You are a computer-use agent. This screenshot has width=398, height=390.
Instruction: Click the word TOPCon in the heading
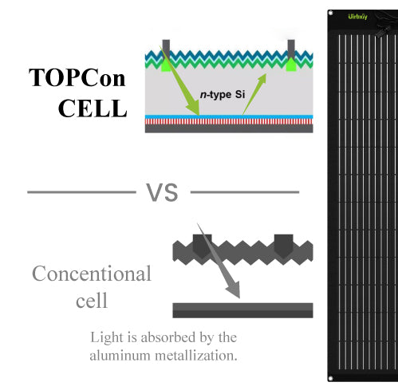pos(77,77)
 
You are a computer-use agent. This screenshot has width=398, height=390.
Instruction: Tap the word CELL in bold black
pos(93,108)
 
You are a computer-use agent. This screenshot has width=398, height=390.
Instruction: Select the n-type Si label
pos(223,95)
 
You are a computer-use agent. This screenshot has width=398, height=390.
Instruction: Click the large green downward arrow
pos(179,81)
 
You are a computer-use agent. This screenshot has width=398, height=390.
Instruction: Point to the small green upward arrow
pos(254,94)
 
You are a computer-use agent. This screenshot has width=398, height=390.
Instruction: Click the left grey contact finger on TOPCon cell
pos(166,49)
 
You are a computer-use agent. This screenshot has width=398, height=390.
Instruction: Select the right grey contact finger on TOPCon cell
pos(291,49)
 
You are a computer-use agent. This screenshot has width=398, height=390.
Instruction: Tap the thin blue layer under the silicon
pos(229,116)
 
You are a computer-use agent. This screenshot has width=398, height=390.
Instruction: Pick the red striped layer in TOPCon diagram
pos(229,121)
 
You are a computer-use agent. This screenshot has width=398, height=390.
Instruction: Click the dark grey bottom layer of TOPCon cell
pos(229,128)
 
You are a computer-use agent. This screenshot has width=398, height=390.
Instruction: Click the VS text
pos(162,192)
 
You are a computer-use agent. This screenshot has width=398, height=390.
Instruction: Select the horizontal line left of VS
pos(81,192)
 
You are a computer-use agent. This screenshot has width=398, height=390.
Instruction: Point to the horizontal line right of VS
pos(245,192)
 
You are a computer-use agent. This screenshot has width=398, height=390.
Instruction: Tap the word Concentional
pos(92,274)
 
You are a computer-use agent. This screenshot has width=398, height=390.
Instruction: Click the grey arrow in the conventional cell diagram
pos(219,261)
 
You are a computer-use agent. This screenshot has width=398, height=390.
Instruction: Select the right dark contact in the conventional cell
pos(284,246)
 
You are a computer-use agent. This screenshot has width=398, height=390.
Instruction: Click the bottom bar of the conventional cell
pos(242,310)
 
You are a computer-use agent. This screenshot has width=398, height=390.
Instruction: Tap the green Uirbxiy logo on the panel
pos(357,17)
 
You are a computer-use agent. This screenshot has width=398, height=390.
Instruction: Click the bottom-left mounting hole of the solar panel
pos(330,378)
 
